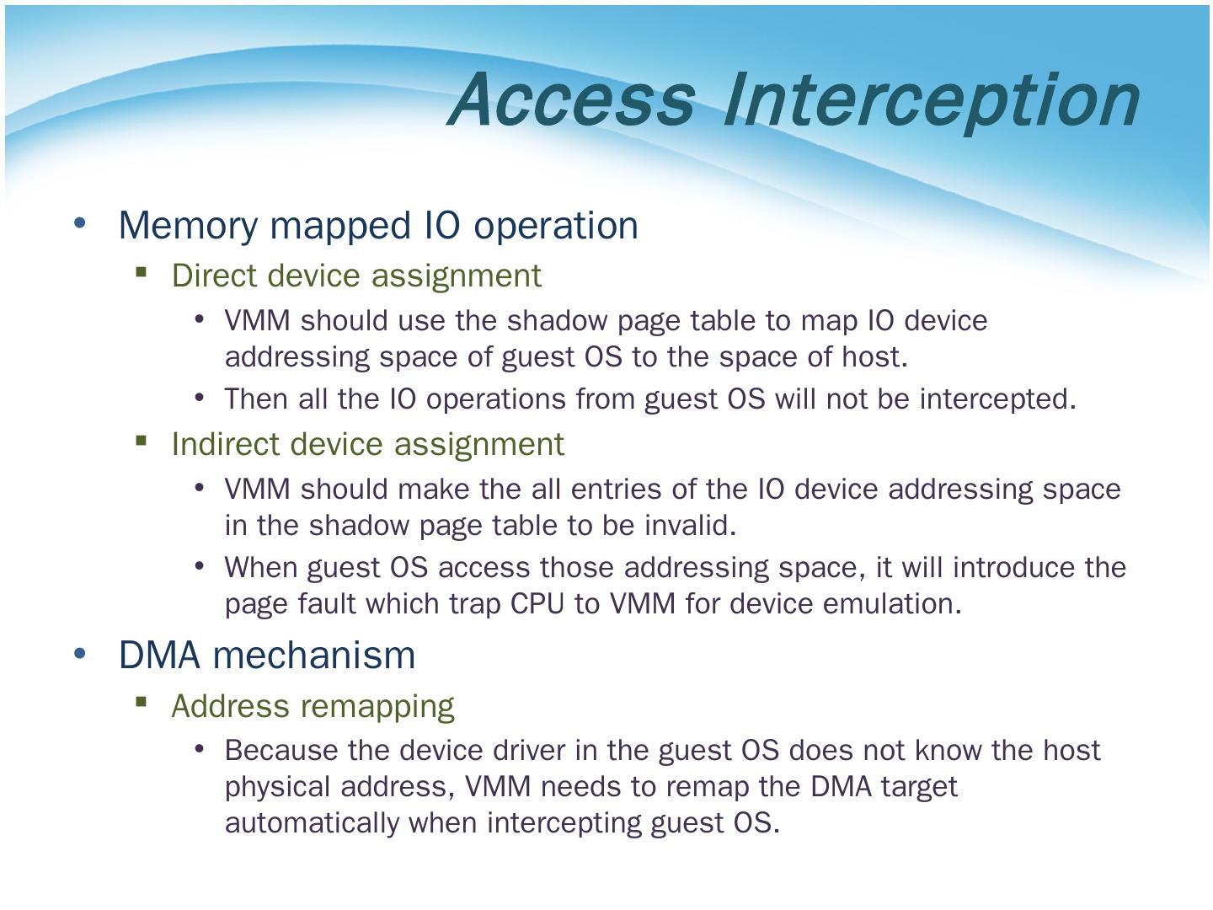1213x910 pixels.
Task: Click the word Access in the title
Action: click(x=574, y=99)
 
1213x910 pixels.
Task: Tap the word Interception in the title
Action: click(x=931, y=100)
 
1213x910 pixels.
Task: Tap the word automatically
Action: click(x=312, y=822)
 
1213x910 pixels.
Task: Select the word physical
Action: click(x=279, y=787)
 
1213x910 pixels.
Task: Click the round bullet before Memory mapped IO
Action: click(x=80, y=223)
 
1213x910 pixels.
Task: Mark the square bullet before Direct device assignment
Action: click(x=141, y=272)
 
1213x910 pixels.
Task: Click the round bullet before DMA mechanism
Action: click(x=80, y=653)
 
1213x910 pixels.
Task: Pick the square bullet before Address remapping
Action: click(x=141, y=702)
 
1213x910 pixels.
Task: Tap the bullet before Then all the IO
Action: click(x=199, y=396)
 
